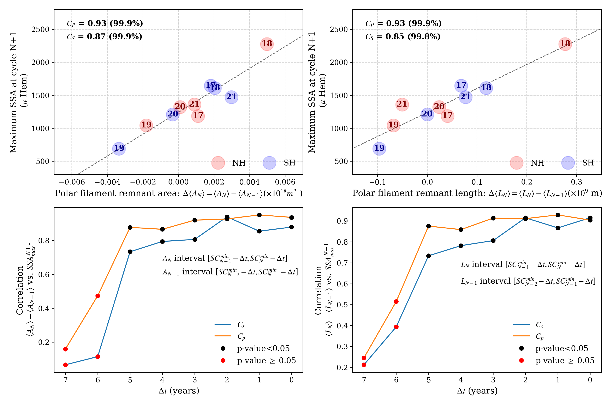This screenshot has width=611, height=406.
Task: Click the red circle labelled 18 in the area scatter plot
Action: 267,44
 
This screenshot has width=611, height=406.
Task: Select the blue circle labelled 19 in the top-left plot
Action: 119,148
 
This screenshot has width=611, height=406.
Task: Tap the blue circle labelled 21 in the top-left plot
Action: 231,97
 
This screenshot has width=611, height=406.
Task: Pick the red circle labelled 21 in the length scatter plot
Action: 402,104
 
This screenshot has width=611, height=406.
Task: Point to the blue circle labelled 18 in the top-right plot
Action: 486,88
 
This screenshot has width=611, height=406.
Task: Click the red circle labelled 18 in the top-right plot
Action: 565,44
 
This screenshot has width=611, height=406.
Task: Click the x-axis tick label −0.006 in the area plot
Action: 72,182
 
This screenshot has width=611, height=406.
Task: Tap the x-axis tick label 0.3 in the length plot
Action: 576,182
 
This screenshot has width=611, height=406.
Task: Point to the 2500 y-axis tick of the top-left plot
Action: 40,29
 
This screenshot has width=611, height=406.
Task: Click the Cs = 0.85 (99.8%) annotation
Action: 403,36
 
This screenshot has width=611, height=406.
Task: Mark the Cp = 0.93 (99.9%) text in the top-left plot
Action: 105,23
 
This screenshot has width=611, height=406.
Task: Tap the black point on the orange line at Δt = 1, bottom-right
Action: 558,215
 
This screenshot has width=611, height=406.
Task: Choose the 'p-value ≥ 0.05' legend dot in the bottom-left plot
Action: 223,360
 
